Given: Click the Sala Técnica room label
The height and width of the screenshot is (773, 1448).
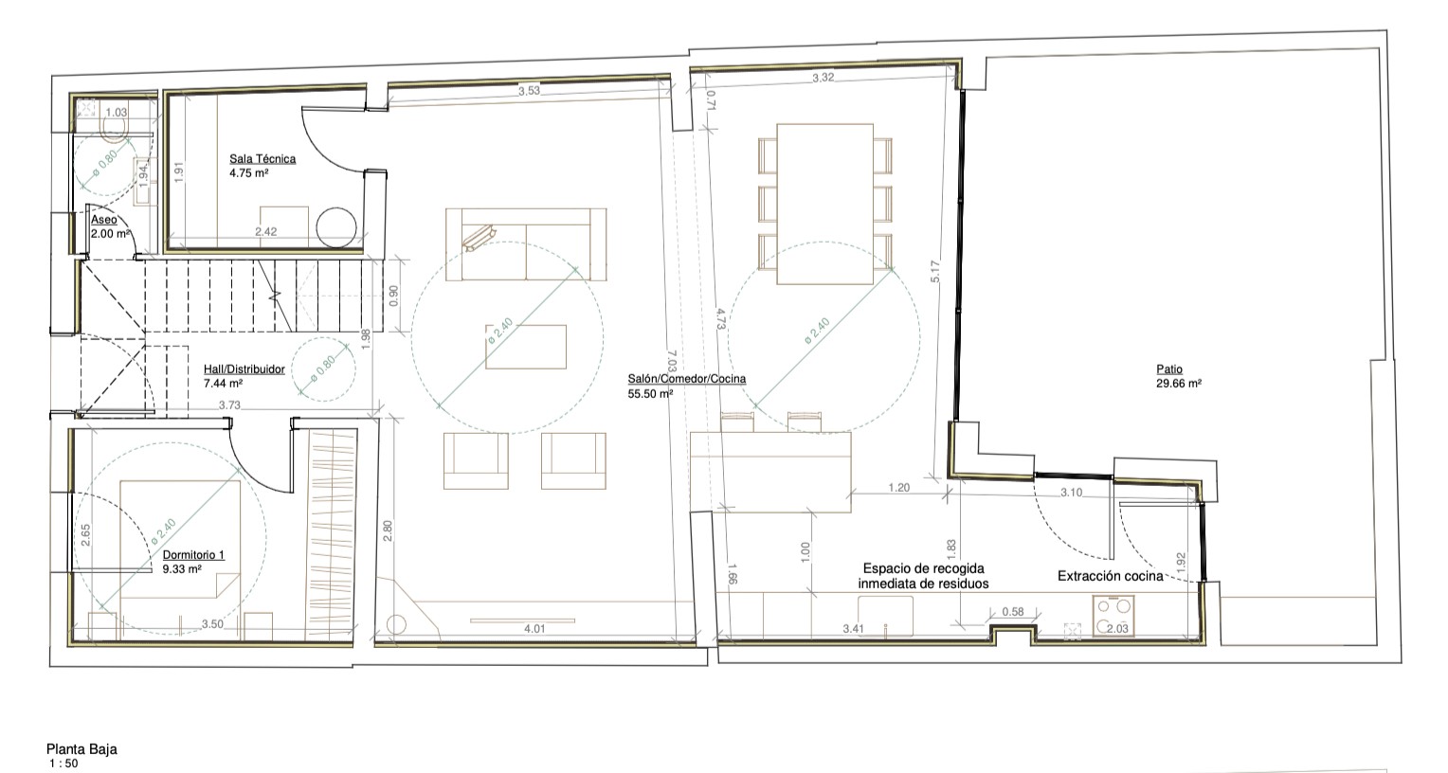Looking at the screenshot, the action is pyautogui.click(x=262, y=159).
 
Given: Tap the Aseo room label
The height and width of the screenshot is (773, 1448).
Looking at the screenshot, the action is pyautogui.click(x=104, y=220).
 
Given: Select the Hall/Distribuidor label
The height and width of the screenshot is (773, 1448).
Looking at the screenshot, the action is pyautogui.click(x=244, y=369).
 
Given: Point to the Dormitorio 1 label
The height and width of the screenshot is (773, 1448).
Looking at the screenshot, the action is pyautogui.click(x=193, y=554).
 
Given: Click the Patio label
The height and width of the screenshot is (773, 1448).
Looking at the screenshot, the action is pyautogui.click(x=1169, y=369).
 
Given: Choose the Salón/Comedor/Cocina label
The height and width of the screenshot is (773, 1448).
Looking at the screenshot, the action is pyautogui.click(x=686, y=379).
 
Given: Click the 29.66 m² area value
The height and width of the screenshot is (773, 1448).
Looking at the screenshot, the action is pyautogui.click(x=1179, y=384).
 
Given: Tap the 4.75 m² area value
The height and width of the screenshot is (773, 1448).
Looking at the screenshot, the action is pyautogui.click(x=249, y=173).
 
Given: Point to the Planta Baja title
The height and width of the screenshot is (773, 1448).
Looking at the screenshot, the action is pyautogui.click(x=81, y=749).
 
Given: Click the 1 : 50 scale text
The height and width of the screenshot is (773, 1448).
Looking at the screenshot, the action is pyautogui.click(x=63, y=764).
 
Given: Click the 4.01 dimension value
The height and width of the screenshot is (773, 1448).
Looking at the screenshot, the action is pyautogui.click(x=534, y=628).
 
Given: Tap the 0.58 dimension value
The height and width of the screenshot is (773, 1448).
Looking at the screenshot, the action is pyautogui.click(x=1013, y=611).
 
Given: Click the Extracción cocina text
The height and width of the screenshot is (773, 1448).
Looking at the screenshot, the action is pyautogui.click(x=1110, y=576).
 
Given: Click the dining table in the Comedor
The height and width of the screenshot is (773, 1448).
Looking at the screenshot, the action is pyautogui.click(x=824, y=205).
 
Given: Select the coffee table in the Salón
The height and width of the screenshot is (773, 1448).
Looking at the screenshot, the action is pyautogui.click(x=526, y=347).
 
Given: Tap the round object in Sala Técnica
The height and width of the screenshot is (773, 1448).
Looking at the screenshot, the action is pyautogui.click(x=336, y=226).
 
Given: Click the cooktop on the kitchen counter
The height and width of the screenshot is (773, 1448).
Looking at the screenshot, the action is pyautogui.click(x=1113, y=616).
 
